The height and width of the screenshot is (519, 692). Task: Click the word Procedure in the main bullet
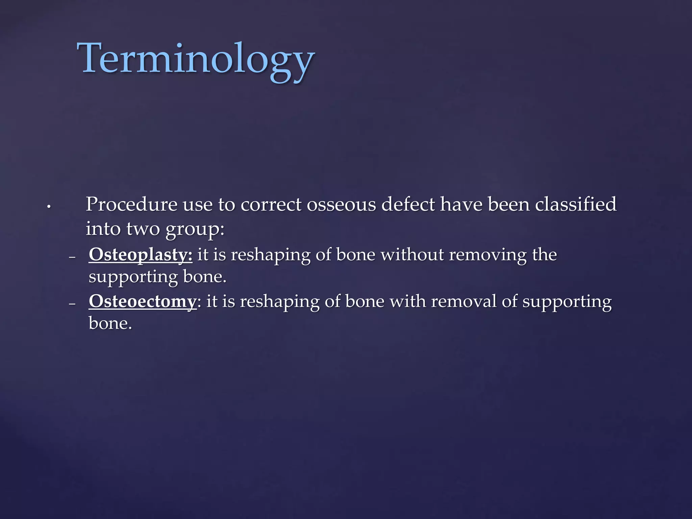[x=131, y=205]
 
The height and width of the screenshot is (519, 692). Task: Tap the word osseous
[x=341, y=205]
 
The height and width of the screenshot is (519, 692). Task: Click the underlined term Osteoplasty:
[x=140, y=254]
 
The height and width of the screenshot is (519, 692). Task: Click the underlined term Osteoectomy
[x=142, y=301]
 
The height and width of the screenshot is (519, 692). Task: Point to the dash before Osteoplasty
[x=72, y=258]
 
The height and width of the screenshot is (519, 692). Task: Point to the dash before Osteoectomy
[x=72, y=304]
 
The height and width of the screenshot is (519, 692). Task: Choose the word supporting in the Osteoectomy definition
[x=567, y=302]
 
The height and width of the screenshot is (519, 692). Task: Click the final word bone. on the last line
[x=110, y=323]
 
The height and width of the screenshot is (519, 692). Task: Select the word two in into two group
[x=143, y=229]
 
